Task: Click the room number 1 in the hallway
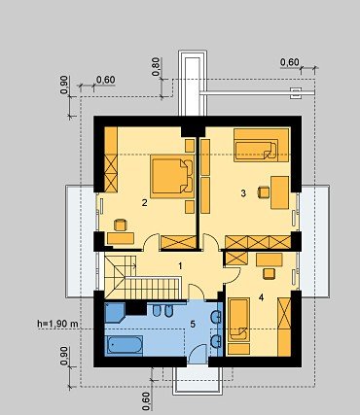coord(180,266)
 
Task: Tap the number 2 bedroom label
coord(145,203)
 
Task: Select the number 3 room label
coord(243,193)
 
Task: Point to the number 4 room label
coord(262,297)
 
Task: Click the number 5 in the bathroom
coord(193,324)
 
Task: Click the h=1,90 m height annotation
coord(57,323)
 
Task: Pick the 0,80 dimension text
coord(156,67)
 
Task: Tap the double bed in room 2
coord(172,176)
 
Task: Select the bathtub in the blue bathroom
coord(125,345)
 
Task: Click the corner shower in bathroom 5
coord(115,313)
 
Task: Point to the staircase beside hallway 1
coord(142,277)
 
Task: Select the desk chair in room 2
coord(120,225)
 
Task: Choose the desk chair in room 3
coord(264,192)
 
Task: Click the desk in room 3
coord(279,192)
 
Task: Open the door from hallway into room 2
coord(151,242)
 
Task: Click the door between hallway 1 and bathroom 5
coord(196,292)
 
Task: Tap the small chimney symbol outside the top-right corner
coord(296,93)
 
